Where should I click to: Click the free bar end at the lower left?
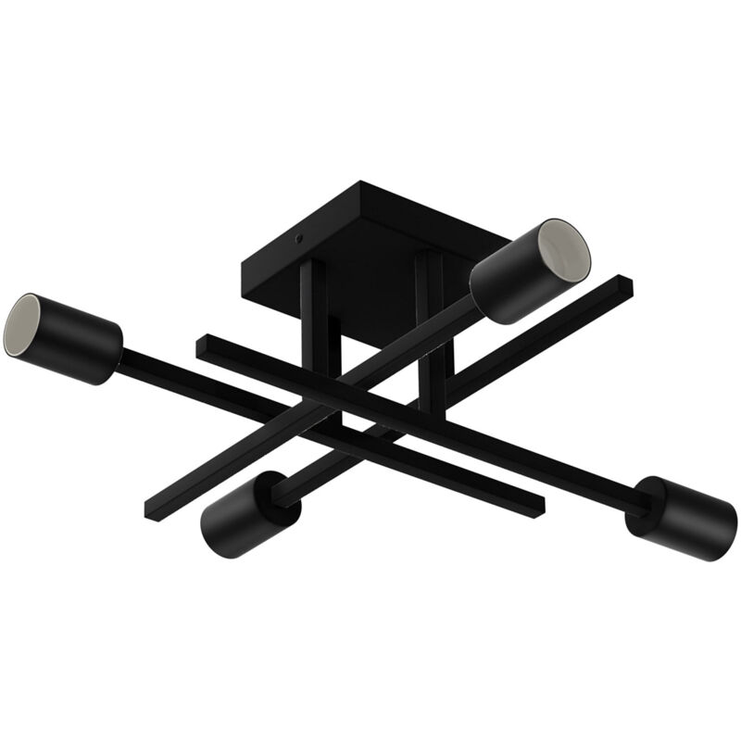coord(151,509)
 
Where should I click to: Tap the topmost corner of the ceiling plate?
coord(359,183)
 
